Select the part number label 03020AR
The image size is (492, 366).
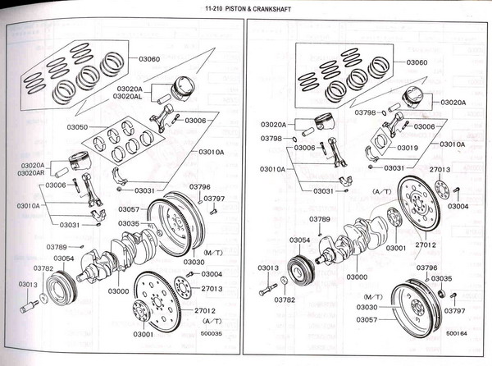point(31,173)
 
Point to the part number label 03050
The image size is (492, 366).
point(77,128)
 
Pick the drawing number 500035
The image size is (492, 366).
point(212,334)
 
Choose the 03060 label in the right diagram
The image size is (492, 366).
point(417,62)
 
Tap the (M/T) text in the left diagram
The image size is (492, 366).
point(213,251)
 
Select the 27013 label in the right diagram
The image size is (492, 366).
point(440,169)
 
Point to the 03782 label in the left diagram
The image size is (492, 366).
point(43,268)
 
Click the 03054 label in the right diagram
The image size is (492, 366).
point(299,240)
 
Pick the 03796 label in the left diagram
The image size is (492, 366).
point(200,187)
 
